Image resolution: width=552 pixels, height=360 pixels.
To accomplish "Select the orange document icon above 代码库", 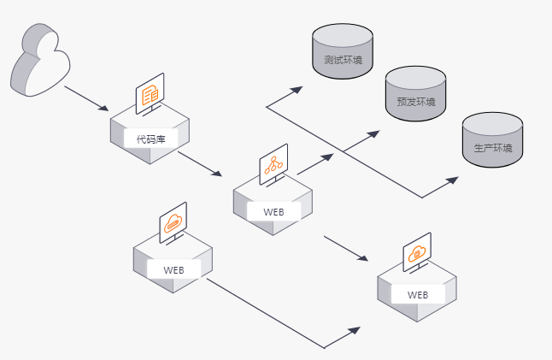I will (150, 93).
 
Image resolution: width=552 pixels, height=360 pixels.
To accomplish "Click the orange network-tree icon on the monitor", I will (273, 164).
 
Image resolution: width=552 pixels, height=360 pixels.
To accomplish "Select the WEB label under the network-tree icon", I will (273, 210).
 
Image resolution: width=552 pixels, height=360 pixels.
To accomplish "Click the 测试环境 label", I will (343, 62).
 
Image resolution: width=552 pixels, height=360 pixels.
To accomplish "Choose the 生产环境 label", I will (493, 148).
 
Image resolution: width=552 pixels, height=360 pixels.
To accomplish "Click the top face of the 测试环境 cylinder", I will (343, 35).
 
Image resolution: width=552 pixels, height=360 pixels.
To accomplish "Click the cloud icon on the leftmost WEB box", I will (173, 223).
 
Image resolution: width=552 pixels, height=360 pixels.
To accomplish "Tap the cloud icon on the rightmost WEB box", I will (417, 252).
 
